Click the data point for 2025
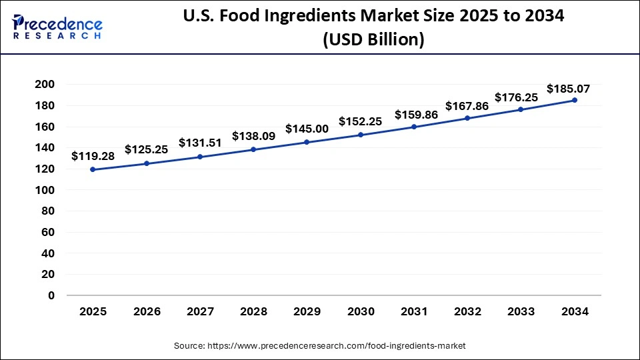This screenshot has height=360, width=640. pos(93,169)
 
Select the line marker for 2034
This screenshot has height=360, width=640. pos(575,100)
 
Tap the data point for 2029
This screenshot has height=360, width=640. pos(307,142)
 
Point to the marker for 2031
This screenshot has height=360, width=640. pos(414,127)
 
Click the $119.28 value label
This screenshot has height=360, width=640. pos(93,156)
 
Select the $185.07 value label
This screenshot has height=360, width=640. pos(568,88)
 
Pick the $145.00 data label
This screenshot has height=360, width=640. pos(307,129)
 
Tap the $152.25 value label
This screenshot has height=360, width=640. pos(360,121)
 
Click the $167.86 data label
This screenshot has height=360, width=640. pos(467,105)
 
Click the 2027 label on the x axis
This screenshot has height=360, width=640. pos(200,311)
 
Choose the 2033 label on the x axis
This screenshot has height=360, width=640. pos(521,311)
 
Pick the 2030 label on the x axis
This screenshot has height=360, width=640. pos(360,311)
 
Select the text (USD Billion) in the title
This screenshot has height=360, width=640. pos(373,40)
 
